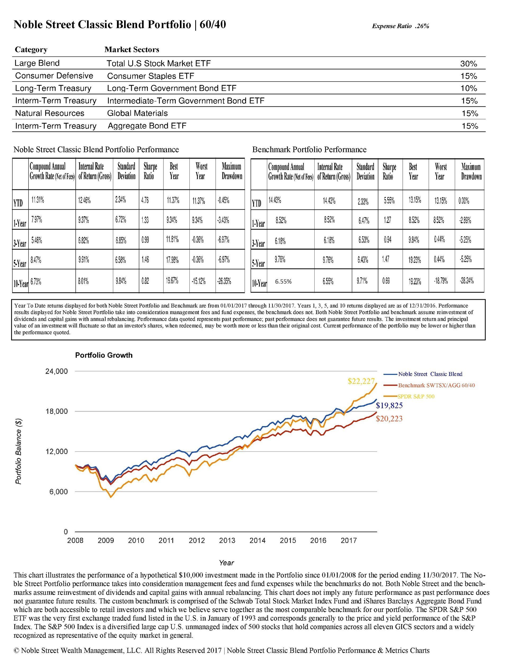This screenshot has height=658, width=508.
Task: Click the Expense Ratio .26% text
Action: (x=400, y=26)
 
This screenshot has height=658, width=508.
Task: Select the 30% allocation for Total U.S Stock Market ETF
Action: (x=469, y=64)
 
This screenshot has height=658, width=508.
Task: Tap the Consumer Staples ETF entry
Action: (x=151, y=76)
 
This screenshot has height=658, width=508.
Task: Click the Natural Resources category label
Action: (x=50, y=113)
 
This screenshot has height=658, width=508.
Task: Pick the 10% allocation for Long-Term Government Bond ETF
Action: (x=469, y=89)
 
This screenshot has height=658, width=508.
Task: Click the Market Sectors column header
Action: (x=132, y=50)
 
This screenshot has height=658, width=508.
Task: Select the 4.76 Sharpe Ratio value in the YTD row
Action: (x=144, y=200)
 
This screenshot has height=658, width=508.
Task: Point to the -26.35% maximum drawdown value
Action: (x=224, y=281)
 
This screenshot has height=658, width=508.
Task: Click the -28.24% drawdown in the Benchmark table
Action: (x=466, y=281)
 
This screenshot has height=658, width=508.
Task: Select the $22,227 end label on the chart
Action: (x=361, y=381)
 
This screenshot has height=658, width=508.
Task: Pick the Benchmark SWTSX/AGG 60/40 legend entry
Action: (x=436, y=385)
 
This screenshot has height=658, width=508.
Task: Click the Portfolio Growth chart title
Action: (x=104, y=355)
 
